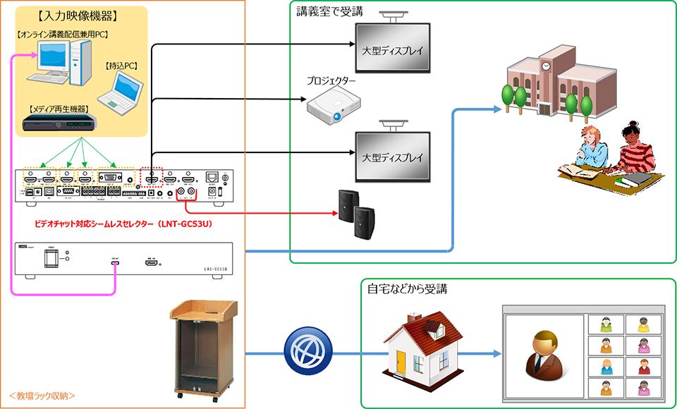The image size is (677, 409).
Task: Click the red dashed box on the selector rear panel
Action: pos(151,177)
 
